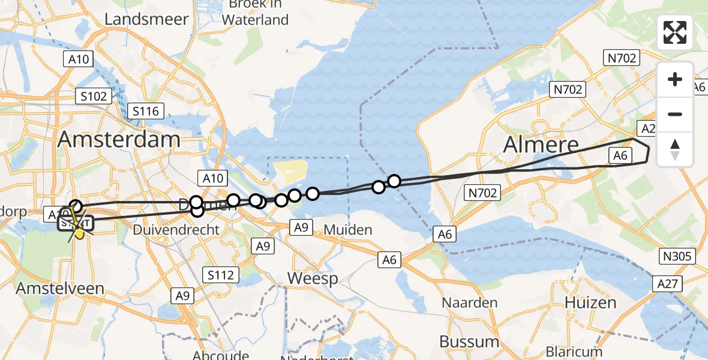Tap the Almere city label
click(x=541, y=145)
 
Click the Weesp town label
click(x=312, y=278)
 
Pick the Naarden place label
click(x=470, y=302)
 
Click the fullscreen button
click(x=675, y=32)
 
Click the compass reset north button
click(x=675, y=149)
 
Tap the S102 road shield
click(x=94, y=95)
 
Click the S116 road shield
click(x=146, y=111)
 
